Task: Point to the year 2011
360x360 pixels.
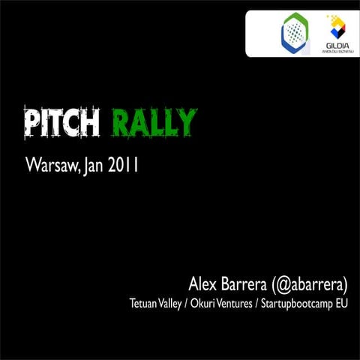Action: tap(122, 164)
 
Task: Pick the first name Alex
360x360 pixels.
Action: tap(202, 285)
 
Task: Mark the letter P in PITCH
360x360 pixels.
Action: tap(31, 124)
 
